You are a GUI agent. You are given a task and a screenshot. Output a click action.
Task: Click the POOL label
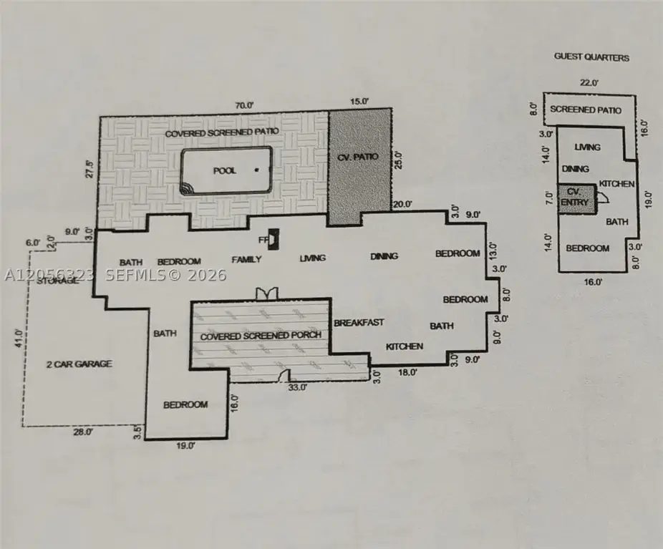tap(225, 171)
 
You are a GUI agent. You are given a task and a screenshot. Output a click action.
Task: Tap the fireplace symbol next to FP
tap(274, 239)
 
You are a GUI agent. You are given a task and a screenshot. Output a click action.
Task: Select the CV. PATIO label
tap(358, 157)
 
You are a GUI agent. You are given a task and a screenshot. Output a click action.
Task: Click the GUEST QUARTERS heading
tap(591, 57)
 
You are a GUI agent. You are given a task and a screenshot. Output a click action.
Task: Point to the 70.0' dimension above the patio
tap(244, 105)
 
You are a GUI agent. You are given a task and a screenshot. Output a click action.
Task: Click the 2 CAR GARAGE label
tap(79, 364)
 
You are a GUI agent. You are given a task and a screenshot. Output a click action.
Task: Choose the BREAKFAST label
tap(359, 323)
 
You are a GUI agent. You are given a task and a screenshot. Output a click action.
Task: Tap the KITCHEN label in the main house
tap(405, 346)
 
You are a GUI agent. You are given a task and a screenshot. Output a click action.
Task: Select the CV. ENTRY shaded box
tap(576, 199)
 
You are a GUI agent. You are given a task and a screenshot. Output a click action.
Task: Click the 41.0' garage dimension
tap(18, 338)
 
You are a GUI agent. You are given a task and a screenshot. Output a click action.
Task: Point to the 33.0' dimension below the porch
tap(298, 387)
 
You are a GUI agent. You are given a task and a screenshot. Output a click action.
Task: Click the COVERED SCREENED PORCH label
tap(261, 336)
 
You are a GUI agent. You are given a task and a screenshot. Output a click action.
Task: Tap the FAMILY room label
tap(246, 259)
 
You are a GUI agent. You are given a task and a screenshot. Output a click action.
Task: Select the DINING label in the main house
tap(384, 256)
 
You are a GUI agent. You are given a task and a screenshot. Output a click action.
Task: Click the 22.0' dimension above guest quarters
tap(589, 83)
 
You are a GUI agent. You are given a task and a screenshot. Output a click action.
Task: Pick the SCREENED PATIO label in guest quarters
tap(586, 110)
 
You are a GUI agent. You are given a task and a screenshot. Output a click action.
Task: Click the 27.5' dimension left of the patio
tap(89, 168)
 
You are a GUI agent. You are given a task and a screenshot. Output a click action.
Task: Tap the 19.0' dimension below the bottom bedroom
tap(185, 445)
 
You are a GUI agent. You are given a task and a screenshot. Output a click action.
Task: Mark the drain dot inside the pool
tap(256, 170)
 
